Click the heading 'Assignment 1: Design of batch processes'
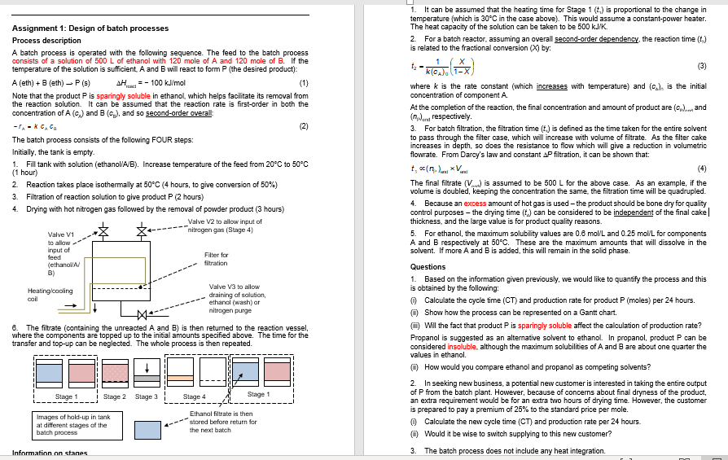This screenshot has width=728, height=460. click(x=90, y=28)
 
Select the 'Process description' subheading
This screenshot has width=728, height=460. click(x=46, y=40)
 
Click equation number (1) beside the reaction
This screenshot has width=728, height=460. click(x=304, y=83)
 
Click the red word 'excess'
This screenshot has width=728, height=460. click(x=476, y=203)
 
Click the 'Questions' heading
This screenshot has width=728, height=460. click(x=428, y=266)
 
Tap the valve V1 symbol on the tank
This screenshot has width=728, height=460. click(x=103, y=232)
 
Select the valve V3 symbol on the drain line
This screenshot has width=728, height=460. click(x=143, y=315)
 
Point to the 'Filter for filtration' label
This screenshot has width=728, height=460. click(x=216, y=259)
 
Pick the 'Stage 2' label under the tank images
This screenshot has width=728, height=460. click(x=114, y=396)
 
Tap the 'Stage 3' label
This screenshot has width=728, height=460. click(x=146, y=396)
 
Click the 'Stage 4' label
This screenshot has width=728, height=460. click(x=194, y=396)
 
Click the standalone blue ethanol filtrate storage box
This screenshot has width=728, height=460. click(x=147, y=430)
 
